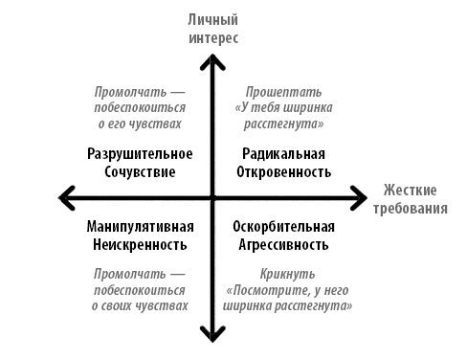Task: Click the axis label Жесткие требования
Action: (415, 198)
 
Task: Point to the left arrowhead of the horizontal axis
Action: (67, 198)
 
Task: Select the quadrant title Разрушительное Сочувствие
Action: (140, 163)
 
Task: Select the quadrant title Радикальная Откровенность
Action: (284, 163)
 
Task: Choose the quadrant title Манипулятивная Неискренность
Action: (140, 236)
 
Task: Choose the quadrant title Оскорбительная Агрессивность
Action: (284, 236)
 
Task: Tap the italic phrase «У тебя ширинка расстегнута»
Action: (284, 116)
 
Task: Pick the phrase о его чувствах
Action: (140, 124)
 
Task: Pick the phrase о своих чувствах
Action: (140, 305)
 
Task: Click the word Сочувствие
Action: (140, 172)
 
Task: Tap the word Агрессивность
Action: (284, 245)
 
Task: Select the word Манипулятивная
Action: (140, 227)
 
